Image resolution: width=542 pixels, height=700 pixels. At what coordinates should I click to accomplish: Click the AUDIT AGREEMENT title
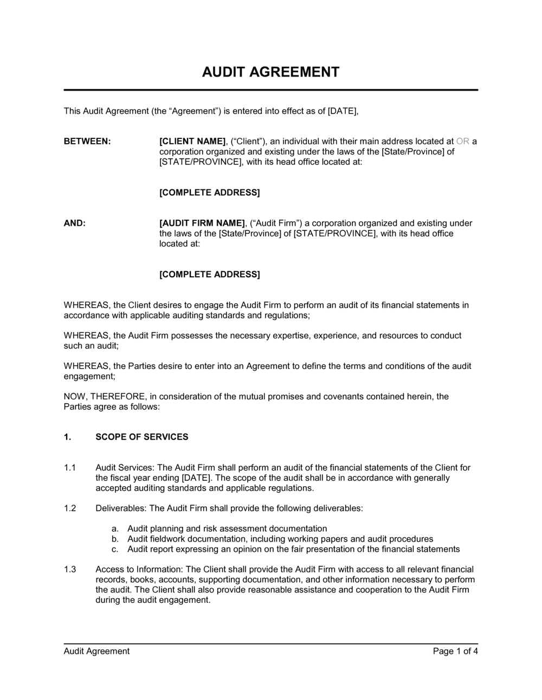270,72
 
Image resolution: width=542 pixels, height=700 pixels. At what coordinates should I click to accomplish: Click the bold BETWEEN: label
87,142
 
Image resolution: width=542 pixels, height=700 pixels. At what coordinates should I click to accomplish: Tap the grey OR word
463,142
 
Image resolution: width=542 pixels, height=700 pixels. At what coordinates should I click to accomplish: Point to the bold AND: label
75,223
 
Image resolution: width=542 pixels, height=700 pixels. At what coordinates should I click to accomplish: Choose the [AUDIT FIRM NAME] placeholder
202,223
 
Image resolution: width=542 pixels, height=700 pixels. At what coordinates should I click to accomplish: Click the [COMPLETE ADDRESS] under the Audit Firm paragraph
209,275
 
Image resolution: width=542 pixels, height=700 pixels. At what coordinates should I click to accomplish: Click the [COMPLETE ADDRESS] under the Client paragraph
209,193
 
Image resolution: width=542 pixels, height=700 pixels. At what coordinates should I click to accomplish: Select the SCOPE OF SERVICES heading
142,437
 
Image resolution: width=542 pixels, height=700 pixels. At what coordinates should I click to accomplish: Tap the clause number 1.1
70,468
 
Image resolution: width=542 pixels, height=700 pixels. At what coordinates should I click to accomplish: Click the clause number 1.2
70,508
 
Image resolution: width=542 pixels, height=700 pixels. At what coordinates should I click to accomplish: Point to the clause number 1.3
70,569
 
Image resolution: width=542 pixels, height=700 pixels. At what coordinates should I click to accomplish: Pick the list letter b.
115,539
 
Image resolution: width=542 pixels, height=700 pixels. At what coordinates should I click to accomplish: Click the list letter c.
115,549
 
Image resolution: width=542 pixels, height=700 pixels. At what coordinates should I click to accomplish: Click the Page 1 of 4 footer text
455,651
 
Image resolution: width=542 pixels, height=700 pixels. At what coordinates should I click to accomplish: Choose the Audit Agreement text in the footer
96,651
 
